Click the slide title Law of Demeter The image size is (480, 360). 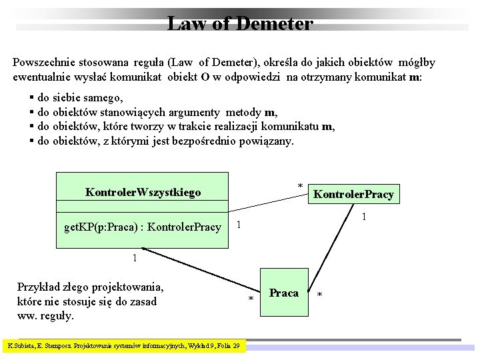click(x=239, y=24)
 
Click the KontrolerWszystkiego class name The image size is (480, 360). click(x=143, y=193)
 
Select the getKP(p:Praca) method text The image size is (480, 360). click(x=142, y=227)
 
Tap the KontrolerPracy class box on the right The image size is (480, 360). click(x=353, y=195)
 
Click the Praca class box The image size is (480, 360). click(x=284, y=293)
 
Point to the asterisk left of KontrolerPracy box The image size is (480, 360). click(x=300, y=186)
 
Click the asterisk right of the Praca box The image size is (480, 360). click(x=320, y=295)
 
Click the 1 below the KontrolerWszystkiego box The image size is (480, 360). click(x=135, y=258)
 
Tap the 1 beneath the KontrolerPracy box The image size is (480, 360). click(x=364, y=217)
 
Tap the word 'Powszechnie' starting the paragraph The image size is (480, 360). click(x=43, y=63)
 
